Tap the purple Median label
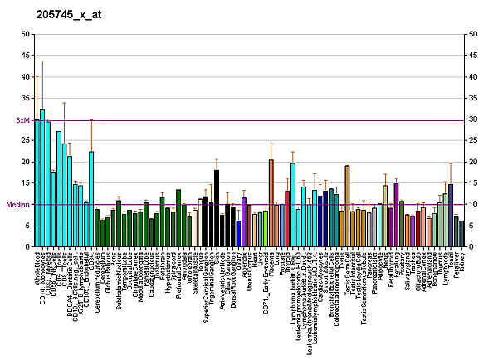click(x=17, y=204)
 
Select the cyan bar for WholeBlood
click(x=37, y=183)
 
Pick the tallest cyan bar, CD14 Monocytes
click(x=42, y=178)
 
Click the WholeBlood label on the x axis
click(x=37, y=270)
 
